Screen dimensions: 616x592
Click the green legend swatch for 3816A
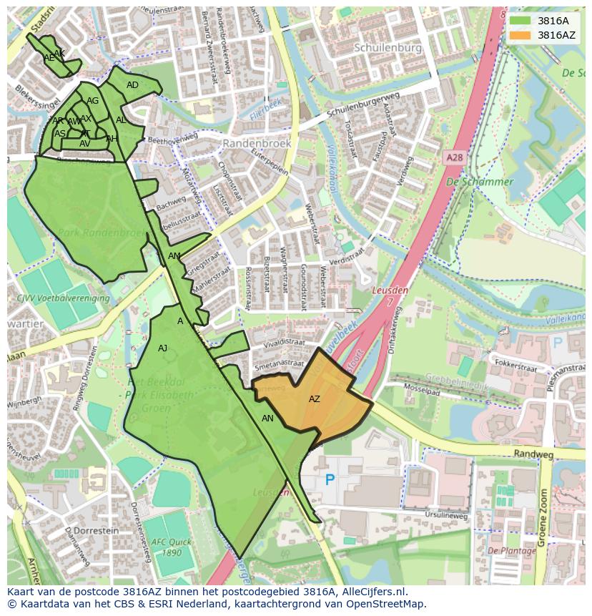(521, 21)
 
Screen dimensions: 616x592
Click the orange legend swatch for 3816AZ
(521, 35)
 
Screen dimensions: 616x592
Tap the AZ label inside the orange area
(315, 399)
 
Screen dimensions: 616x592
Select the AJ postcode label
(163, 348)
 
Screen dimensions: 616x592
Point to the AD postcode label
(132, 85)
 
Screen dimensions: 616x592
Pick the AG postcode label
(93, 101)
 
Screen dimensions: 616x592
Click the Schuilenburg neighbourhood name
(387, 47)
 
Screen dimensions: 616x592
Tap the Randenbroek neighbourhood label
(257, 143)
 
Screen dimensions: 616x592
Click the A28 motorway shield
(453, 157)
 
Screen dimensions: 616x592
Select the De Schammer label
(480, 182)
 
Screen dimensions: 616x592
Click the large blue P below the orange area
(330, 480)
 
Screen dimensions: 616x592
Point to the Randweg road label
(533, 454)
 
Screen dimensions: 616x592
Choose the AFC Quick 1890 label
(171, 547)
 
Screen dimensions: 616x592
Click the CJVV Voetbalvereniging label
(64, 298)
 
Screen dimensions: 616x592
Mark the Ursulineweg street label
(445, 514)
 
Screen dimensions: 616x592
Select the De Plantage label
(511, 551)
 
